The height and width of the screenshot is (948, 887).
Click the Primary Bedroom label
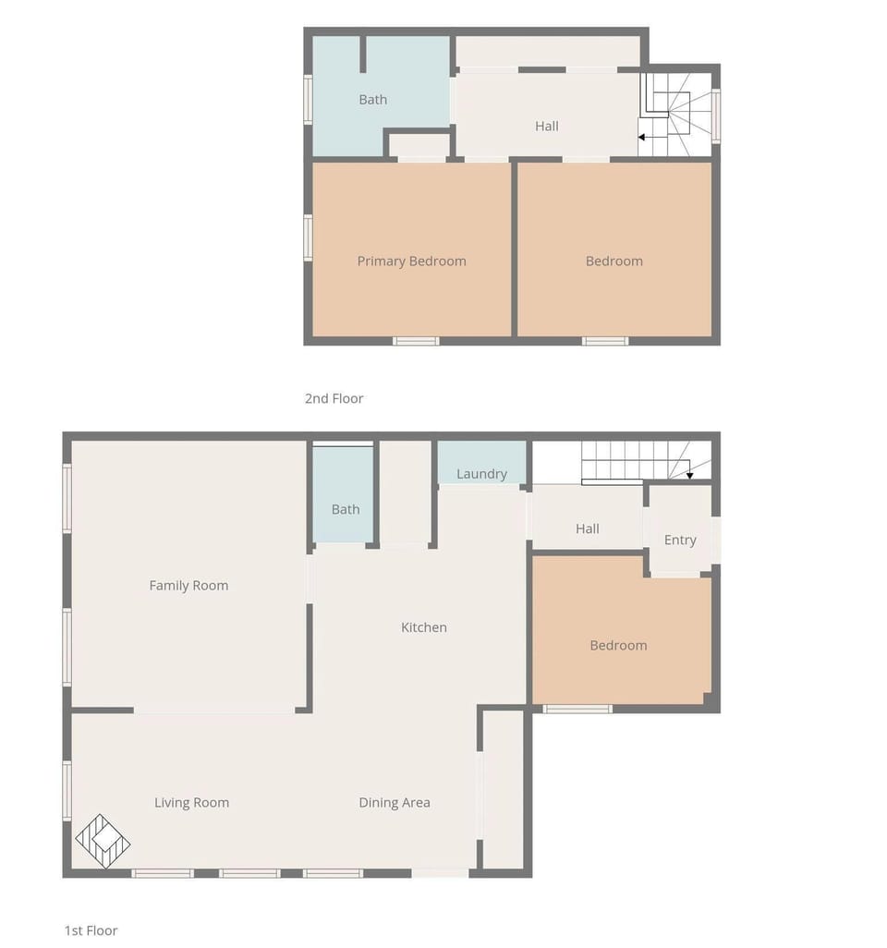tap(411, 261)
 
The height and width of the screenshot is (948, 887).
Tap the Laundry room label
tap(481, 474)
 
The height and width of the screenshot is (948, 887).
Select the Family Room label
tap(188, 586)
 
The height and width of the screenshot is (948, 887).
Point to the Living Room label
tap(191, 803)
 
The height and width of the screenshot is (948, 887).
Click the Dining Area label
tap(395, 803)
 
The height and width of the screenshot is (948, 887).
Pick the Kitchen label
tap(424, 627)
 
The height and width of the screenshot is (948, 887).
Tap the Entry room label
tap(680, 541)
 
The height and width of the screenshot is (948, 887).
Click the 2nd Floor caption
tap(334, 399)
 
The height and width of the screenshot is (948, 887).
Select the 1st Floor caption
tap(91, 930)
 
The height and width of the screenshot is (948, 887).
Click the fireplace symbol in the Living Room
tap(103, 841)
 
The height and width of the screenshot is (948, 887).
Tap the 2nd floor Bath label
tap(373, 100)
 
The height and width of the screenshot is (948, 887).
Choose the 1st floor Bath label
tap(346, 509)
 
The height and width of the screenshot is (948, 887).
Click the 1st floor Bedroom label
tap(618, 646)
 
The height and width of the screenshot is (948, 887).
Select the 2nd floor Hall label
tap(547, 127)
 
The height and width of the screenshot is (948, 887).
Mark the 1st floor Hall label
tap(588, 529)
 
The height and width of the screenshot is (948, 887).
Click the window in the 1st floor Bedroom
tap(577, 709)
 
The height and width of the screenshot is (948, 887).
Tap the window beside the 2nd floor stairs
tap(716, 115)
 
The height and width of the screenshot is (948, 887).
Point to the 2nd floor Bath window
tap(309, 99)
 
